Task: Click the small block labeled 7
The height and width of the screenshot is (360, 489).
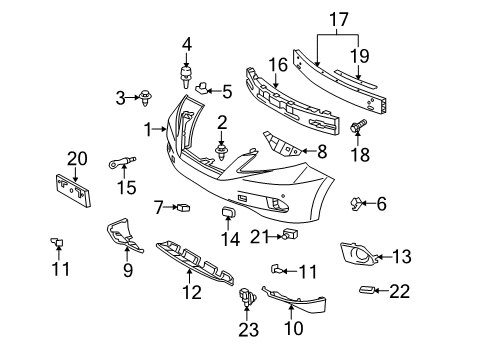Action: coord(183,207)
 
